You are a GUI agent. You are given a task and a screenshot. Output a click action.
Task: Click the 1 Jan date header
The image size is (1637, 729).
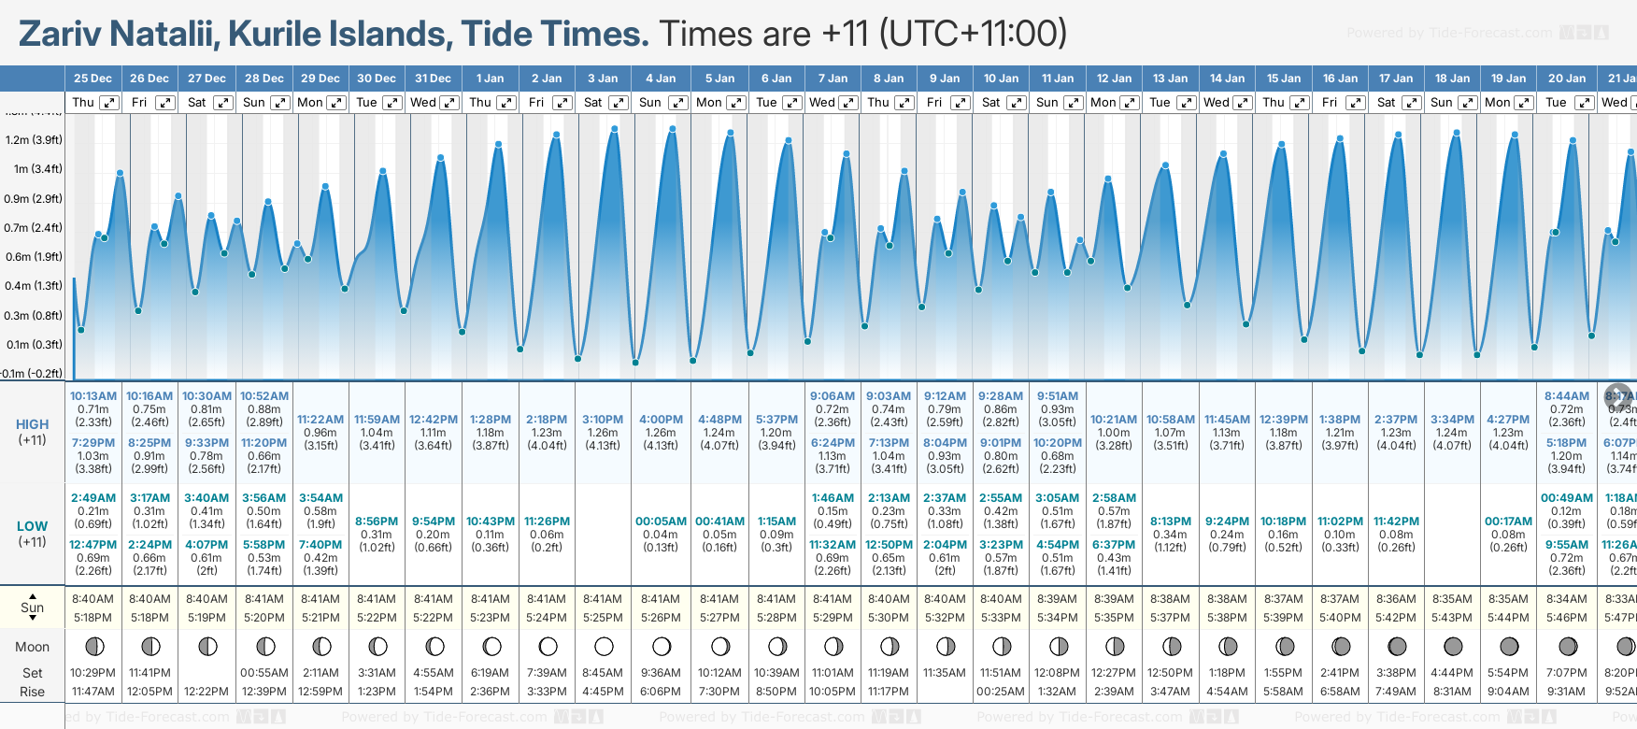[490, 79]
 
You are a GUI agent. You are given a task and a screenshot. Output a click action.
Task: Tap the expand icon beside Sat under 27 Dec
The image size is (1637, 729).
[222, 103]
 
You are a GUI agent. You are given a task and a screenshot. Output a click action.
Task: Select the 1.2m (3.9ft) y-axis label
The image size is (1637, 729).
[34, 140]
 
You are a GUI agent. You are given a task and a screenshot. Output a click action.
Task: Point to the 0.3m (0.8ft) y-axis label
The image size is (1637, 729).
[34, 316]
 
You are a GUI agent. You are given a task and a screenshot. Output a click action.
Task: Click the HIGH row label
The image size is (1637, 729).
[33, 424]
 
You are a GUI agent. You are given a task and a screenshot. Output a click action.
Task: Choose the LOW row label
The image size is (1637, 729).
[32, 526]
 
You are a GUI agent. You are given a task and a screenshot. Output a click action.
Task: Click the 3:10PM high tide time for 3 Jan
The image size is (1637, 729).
[603, 420]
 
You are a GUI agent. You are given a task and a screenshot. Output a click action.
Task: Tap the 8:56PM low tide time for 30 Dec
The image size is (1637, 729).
[377, 522]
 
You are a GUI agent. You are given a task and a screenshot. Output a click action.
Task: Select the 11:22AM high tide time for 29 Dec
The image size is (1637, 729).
[320, 420]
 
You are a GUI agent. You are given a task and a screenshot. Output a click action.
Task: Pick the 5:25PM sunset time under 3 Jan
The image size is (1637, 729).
[603, 618]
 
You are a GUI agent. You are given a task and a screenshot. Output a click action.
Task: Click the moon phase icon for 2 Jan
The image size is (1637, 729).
[548, 646]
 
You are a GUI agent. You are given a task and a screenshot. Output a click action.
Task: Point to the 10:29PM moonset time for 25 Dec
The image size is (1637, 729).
[93, 673]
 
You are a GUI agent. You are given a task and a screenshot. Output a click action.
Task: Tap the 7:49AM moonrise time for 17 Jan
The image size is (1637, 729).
[1396, 692]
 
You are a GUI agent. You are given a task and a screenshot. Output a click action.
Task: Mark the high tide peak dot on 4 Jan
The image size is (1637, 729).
[673, 129]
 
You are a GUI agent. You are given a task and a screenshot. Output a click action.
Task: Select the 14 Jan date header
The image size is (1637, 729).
[1228, 79]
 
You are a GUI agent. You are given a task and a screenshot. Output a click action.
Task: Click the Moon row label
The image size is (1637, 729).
[33, 647]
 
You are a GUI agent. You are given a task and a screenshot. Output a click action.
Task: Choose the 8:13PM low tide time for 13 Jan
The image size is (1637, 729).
[1170, 522]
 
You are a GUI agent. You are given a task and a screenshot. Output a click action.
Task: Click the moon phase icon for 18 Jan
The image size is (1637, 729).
[1453, 646]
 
